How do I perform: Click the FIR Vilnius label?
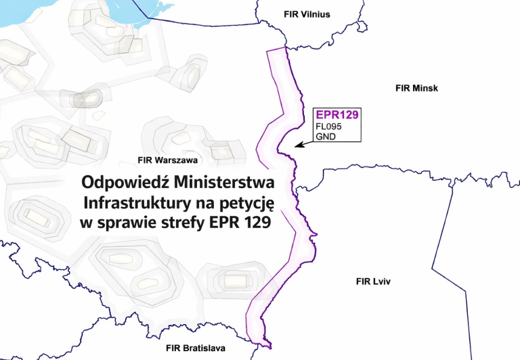coord(307,14)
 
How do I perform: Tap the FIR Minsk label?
coord(417,89)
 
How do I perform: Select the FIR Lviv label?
coord(374,280)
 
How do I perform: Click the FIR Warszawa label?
coord(167,160)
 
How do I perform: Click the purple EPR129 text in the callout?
coord(337,115)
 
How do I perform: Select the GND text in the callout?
coord(326,136)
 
